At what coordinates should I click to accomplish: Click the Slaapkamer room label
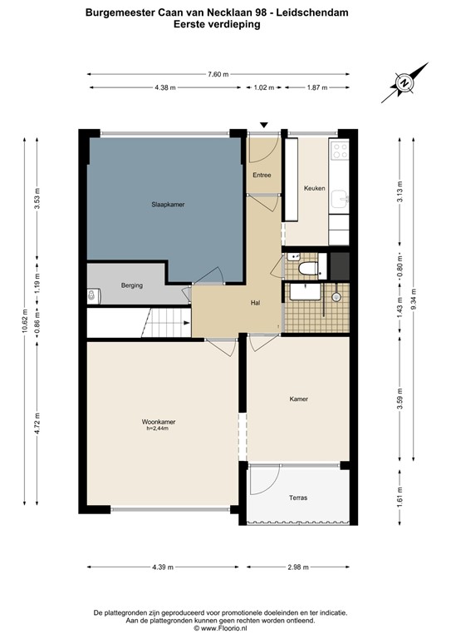coord(167,204)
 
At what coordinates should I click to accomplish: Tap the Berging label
coord(131,285)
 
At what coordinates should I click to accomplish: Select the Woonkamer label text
coord(158,423)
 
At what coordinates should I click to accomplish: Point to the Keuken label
coord(314,188)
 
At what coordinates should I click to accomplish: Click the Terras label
coord(297,498)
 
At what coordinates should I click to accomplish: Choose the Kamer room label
coord(298,399)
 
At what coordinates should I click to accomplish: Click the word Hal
coord(256,303)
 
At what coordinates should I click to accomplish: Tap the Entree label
coord(262,176)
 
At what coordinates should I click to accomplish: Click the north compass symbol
coord(403,83)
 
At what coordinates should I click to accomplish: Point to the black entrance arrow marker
coord(264,125)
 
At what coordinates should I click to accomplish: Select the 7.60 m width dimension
coord(218,75)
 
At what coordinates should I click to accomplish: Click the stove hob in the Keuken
coord(339,151)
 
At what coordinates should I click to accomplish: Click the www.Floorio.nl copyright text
coord(226,627)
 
